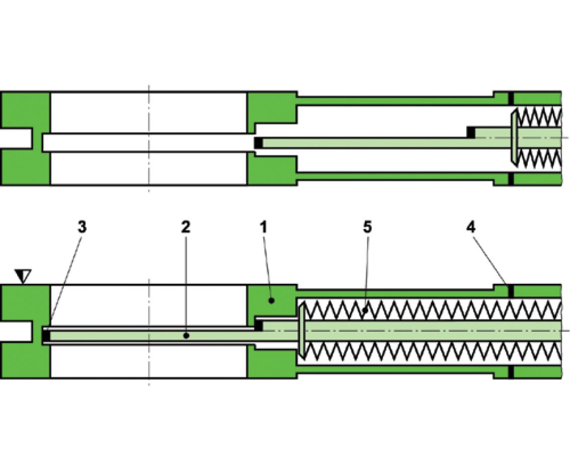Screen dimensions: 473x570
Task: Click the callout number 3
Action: point(82,227)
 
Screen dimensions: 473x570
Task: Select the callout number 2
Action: point(186,227)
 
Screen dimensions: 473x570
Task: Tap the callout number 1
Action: point(264,227)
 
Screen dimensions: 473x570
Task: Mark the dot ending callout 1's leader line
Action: point(272,300)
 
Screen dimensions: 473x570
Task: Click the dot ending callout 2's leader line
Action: point(186,335)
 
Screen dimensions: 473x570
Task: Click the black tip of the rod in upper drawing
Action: point(258,143)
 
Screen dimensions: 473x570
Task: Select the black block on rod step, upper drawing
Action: point(471,132)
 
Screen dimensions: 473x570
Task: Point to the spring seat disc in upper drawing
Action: point(513,137)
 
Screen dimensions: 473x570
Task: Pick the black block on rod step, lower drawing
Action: point(259,326)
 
